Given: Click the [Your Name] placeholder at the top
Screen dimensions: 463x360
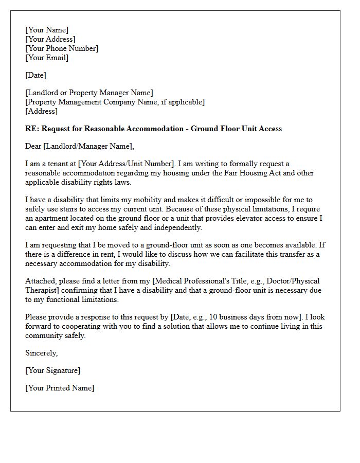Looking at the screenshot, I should pos(47,30).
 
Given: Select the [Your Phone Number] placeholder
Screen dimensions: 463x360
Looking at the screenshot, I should pos(62,48).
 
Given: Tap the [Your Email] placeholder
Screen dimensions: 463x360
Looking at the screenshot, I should pos(47,58).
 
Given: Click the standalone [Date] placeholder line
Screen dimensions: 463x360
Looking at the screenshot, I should pos(35,75).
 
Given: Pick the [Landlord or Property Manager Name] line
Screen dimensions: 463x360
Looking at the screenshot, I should pos(89,93).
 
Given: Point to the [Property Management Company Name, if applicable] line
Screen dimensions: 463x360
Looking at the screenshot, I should pos(115,102).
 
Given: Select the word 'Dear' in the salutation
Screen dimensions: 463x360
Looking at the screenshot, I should pos(33,146).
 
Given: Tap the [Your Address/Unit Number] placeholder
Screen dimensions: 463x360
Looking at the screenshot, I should pos(127,164).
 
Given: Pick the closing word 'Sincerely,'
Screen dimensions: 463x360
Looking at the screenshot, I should pos(42,353).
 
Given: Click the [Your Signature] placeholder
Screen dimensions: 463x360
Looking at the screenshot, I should pos(53,370).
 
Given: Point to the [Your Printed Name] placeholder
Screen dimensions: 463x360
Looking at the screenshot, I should pos(60,388).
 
